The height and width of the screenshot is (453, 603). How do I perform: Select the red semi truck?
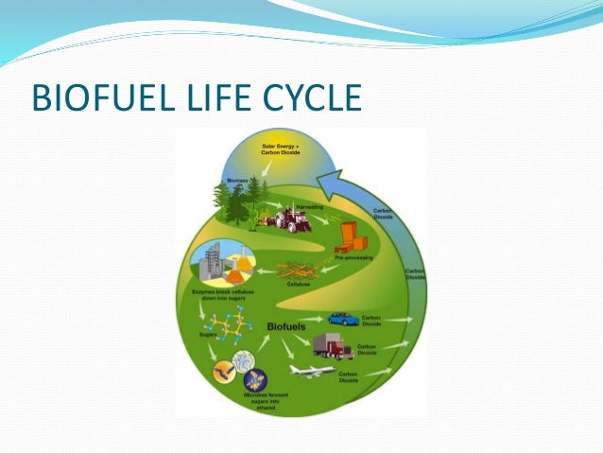[x=333, y=348]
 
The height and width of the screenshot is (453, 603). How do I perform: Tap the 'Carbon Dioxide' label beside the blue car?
[x=371, y=319]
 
